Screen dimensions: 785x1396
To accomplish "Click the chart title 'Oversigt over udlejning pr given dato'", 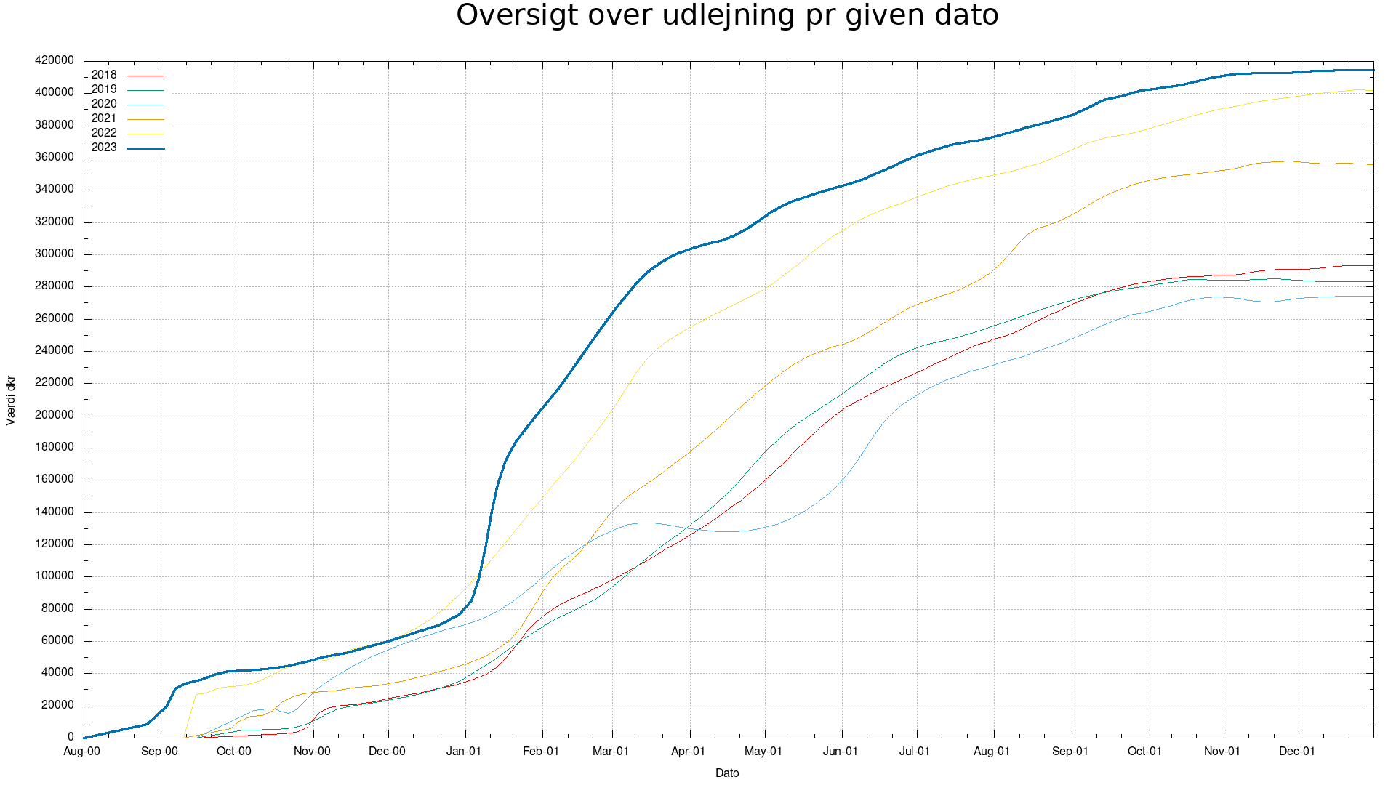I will click(x=727, y=15).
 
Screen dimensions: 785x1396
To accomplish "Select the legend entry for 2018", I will click(x=104, y=75).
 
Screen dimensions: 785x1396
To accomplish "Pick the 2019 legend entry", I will click(x=104, y=89).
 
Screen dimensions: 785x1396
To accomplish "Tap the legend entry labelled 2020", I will click(x=104, y=104).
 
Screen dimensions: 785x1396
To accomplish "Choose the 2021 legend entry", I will click(x=104, y=118).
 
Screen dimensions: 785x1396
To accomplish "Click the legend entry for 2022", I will click(x=104, y=133).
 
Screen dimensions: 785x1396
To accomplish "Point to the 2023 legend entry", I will click(x=104, y=148).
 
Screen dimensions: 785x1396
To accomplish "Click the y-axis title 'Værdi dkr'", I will click(x=11, y=400).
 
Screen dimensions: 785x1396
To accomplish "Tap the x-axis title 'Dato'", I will click(x=727, y=773).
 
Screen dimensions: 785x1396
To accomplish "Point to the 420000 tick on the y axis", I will click(x=55, y=60).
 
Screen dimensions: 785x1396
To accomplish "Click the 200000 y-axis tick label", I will click(x=55, y=415).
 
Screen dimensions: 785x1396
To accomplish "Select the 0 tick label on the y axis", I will click(x=71, y=737).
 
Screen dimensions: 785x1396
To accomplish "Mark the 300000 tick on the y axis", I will click(x=55, y=254).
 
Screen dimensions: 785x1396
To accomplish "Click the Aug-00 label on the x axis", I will click(x=82, y=752).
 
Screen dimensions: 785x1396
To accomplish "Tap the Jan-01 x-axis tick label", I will click(x=464, y=752).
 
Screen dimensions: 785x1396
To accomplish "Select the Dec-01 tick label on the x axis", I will click(x=1297, y=752).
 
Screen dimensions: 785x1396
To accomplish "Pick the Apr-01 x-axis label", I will click(x=688, y=752).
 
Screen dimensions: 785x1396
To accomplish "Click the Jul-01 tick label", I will click(x=915, y=752).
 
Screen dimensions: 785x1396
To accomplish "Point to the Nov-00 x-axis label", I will click(x=312, y=752).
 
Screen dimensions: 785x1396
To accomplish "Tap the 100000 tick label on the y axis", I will click(x=55, y=576).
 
